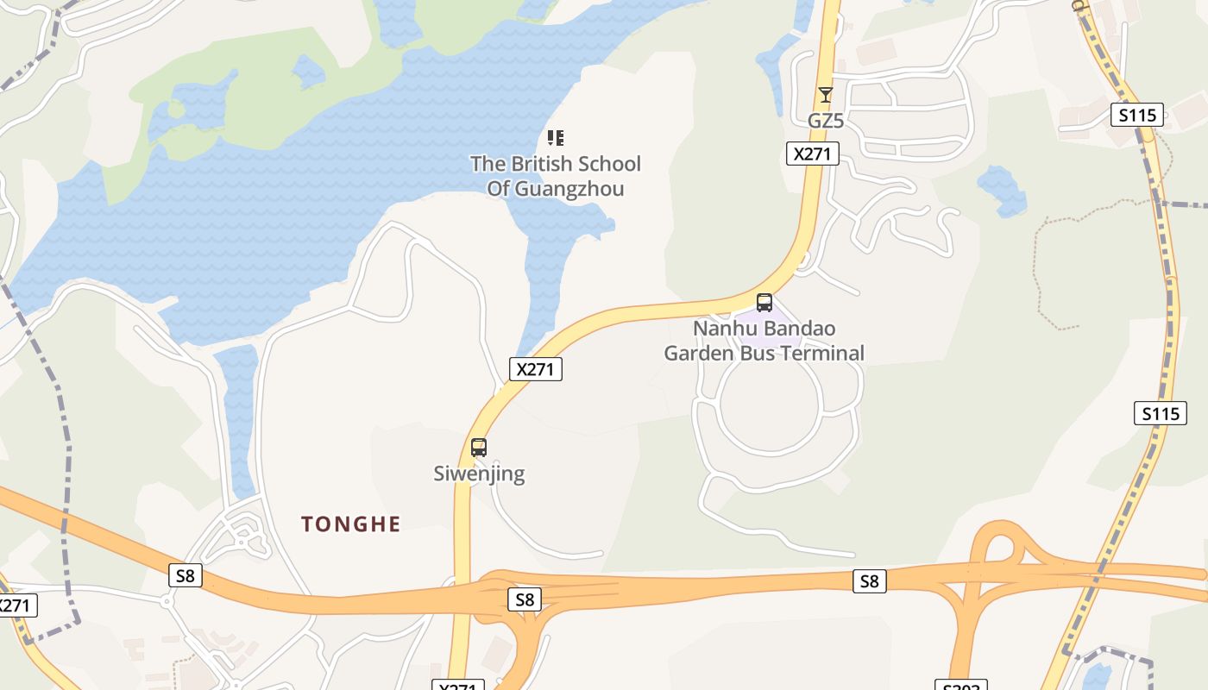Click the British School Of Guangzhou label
pyautogui.click(x=555, y=176)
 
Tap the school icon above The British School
pyautogui.click(x=556, y=138)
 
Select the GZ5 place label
pyautogui.click(x=825, y=121)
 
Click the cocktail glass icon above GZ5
pyautogui.click(x=826, y=94)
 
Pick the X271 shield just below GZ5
pyautogui.click(x=813, y=154)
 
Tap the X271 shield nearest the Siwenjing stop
pyautogui.click(x=535, y=369)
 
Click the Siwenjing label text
pyautogui.click(x=478, y=474)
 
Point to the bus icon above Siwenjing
pyautogui.click(x=479, y=448)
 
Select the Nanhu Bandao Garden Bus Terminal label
pyautogui.click(x=764, y=341)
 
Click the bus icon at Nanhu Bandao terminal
pyautogui.click(x=764, y=302)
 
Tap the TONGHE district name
pyautogui.click(x=350, y=524)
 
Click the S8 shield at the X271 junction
pyautogui.click(x=525, y=599)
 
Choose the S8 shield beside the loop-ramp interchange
pyautogui.click(x=869, y=581)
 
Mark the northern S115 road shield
pyautogui.click(x=1136, y=115)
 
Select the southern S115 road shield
pyautogui.click(x=1160, y=413)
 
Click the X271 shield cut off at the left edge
pyautogui.click(x=15, y=605)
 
